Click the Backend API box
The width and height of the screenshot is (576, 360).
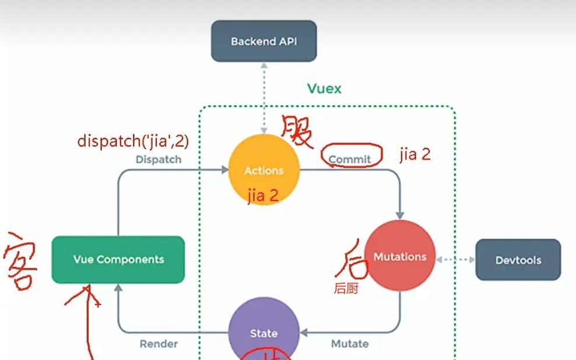(264, 41)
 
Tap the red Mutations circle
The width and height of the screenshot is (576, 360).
(400, 256)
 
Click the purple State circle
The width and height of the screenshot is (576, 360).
(264, 333)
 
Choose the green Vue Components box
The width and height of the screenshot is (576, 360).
(118, 260)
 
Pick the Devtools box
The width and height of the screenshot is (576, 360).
(518, 260)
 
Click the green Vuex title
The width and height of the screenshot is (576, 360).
(324, 89)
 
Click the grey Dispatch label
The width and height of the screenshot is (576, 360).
(158, 159)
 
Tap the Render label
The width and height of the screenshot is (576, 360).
(159, 344)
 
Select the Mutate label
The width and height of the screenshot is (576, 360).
(350, 344)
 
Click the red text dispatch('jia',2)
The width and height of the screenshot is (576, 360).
(133, 141)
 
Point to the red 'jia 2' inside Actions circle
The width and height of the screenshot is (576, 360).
(263, 196)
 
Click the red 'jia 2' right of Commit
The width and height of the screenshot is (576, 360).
(415, 155)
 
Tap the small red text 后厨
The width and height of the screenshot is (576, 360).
(346, 288)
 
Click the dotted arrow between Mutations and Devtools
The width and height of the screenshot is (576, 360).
(456, 260)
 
